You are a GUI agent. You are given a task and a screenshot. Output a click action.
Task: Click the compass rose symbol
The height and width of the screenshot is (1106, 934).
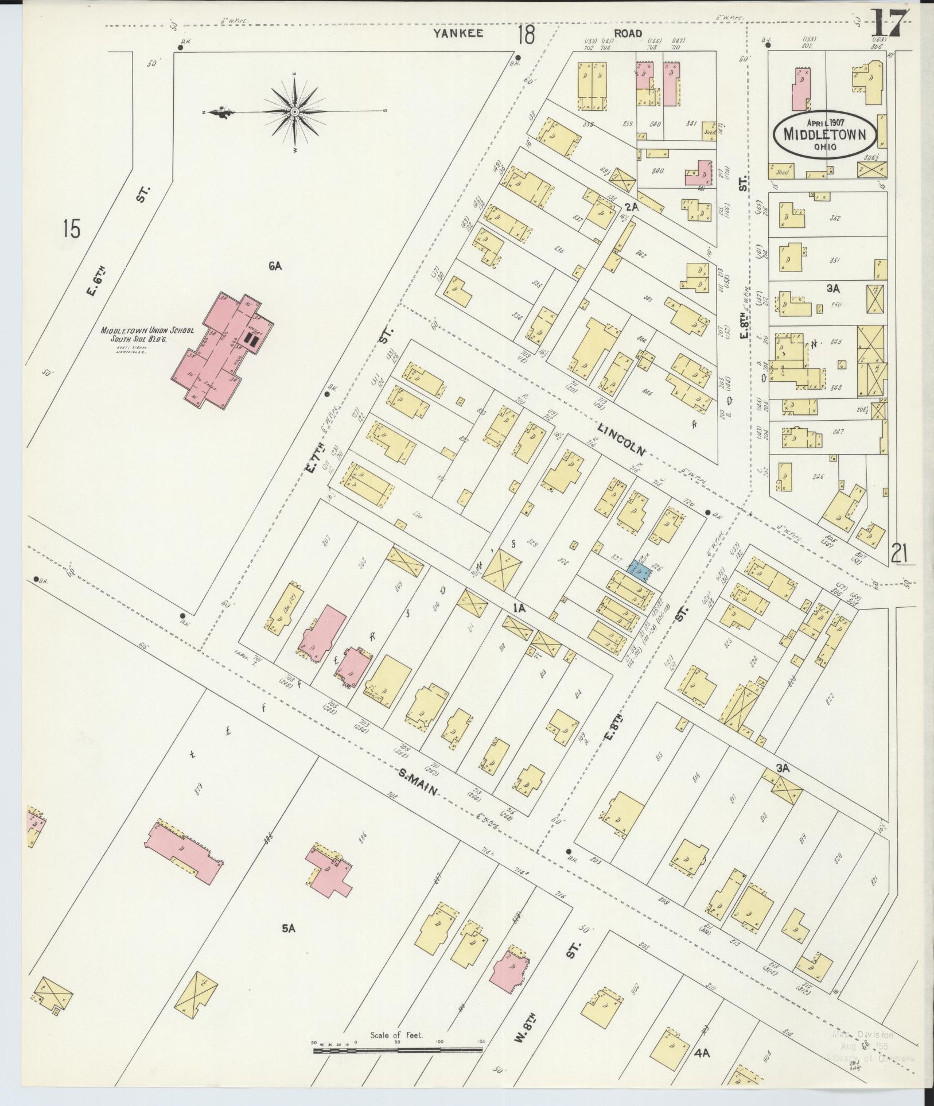click(294, 111)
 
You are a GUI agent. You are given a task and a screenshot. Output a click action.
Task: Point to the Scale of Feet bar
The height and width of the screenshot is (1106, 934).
click(397, 1050)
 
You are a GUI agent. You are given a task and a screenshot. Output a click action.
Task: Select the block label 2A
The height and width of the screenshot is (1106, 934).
click(632, 207)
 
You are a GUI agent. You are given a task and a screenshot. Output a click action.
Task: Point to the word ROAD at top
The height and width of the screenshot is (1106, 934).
click(628, 33)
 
